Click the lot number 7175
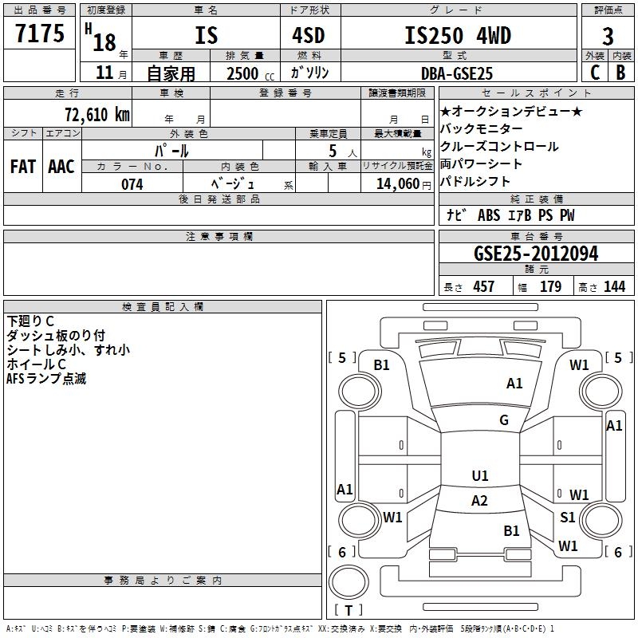(41, 35)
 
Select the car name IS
(206, 36)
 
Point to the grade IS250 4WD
(457, 36)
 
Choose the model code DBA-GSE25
(457, 73)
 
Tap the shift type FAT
(23, 167)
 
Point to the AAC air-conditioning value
(61, 167)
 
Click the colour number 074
(132, 184)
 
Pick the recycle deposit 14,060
(396, 184)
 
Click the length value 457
(484, 287)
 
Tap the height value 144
(614, 287)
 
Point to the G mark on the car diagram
(504, 420)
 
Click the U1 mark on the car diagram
(479, 475)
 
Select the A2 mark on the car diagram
(479, 501)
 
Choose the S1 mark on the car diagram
(567, 518)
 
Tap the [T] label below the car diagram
(349, 610)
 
